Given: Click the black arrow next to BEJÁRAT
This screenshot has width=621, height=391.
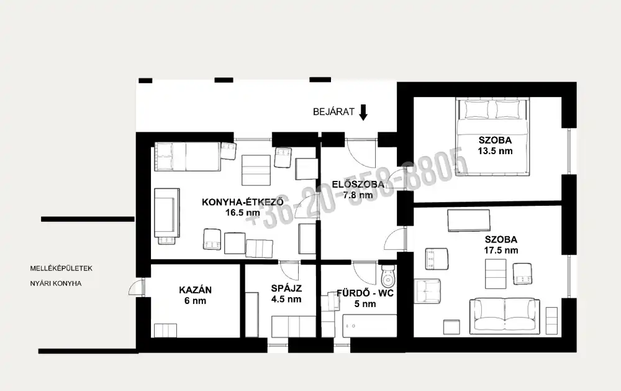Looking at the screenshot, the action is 363,113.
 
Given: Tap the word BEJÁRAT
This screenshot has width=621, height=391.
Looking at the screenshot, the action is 333,112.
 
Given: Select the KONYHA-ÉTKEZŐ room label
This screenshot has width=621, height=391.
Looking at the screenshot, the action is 243,202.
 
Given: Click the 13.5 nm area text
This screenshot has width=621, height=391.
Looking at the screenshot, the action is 495,151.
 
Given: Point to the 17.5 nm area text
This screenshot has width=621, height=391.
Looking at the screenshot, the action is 501,251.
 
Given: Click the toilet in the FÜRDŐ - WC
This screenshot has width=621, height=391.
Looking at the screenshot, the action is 388,276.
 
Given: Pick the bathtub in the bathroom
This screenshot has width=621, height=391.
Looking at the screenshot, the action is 369,326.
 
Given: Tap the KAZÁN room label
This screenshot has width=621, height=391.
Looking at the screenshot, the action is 195,290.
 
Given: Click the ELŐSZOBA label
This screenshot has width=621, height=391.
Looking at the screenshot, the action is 358,185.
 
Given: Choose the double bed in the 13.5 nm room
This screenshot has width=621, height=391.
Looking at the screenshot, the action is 492,136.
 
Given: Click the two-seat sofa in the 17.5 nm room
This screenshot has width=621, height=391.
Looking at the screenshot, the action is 504,316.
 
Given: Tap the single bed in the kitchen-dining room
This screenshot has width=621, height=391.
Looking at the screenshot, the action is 188,157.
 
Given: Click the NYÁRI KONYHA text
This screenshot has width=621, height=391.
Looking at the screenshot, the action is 56,283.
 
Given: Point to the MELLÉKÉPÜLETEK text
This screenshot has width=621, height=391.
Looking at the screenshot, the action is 61,269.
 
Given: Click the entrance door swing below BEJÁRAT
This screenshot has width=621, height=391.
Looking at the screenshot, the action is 360,153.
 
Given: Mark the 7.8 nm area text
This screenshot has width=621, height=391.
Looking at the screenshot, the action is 358,195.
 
